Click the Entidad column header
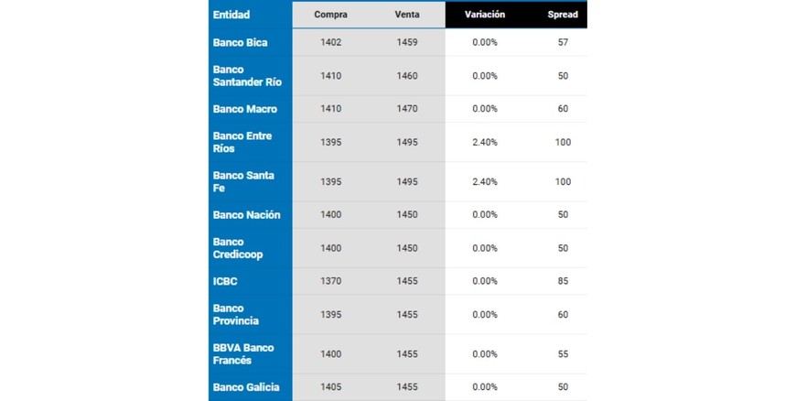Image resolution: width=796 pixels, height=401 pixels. coord(231,15)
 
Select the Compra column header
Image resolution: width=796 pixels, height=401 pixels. coord(330,15)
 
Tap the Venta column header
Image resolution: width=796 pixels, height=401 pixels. coord(407,15)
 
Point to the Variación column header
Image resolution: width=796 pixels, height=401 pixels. coord(484,15)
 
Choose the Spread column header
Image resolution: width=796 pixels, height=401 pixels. coord(562,15)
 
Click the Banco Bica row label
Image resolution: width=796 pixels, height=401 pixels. coord(240,43)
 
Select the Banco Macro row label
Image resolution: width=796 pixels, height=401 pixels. coord(244,109)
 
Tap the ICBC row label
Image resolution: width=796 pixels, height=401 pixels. coord(225,281)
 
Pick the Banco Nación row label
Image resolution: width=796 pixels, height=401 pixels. coord(246,215)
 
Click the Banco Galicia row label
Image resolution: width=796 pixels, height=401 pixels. coord(245,387)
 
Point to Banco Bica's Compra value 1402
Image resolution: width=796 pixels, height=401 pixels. coord(330,43)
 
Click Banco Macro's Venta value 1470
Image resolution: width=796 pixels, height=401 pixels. coord(407,109)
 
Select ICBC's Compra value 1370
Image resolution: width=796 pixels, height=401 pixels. coord(330,281)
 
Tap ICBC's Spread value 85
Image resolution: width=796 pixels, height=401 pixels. coord(563,281)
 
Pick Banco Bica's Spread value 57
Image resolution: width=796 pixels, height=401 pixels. coord(563,43)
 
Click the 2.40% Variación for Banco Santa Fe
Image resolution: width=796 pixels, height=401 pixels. coord(485,182)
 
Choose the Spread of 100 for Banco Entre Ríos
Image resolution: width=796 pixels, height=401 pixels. coord(563,143)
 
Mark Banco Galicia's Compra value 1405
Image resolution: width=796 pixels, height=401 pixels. coord(330,387)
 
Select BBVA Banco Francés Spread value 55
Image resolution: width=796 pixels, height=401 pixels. coord(563,354)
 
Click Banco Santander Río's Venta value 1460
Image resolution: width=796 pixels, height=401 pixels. coord(407,76)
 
